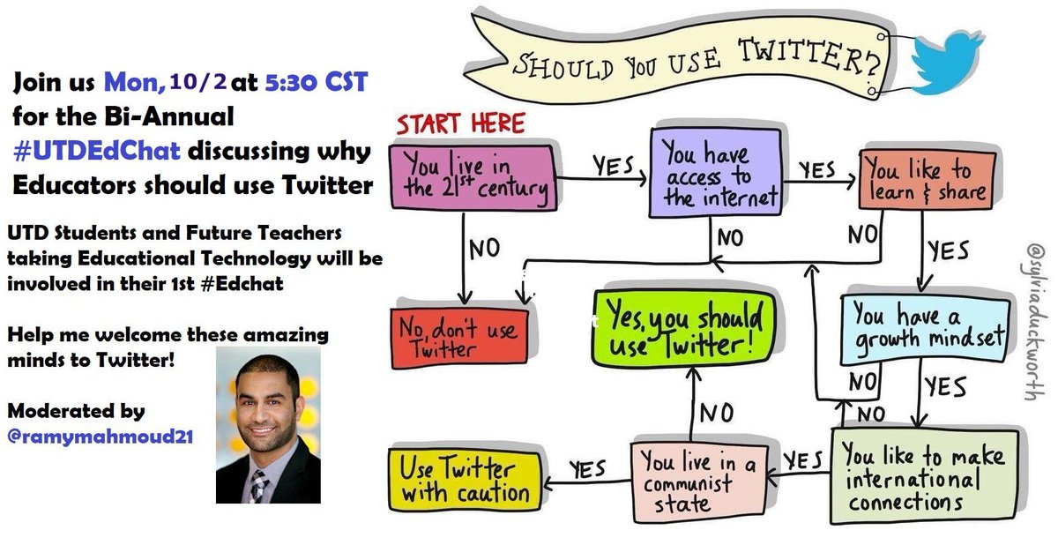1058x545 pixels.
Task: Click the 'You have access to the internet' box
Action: click(x=713, y=175)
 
